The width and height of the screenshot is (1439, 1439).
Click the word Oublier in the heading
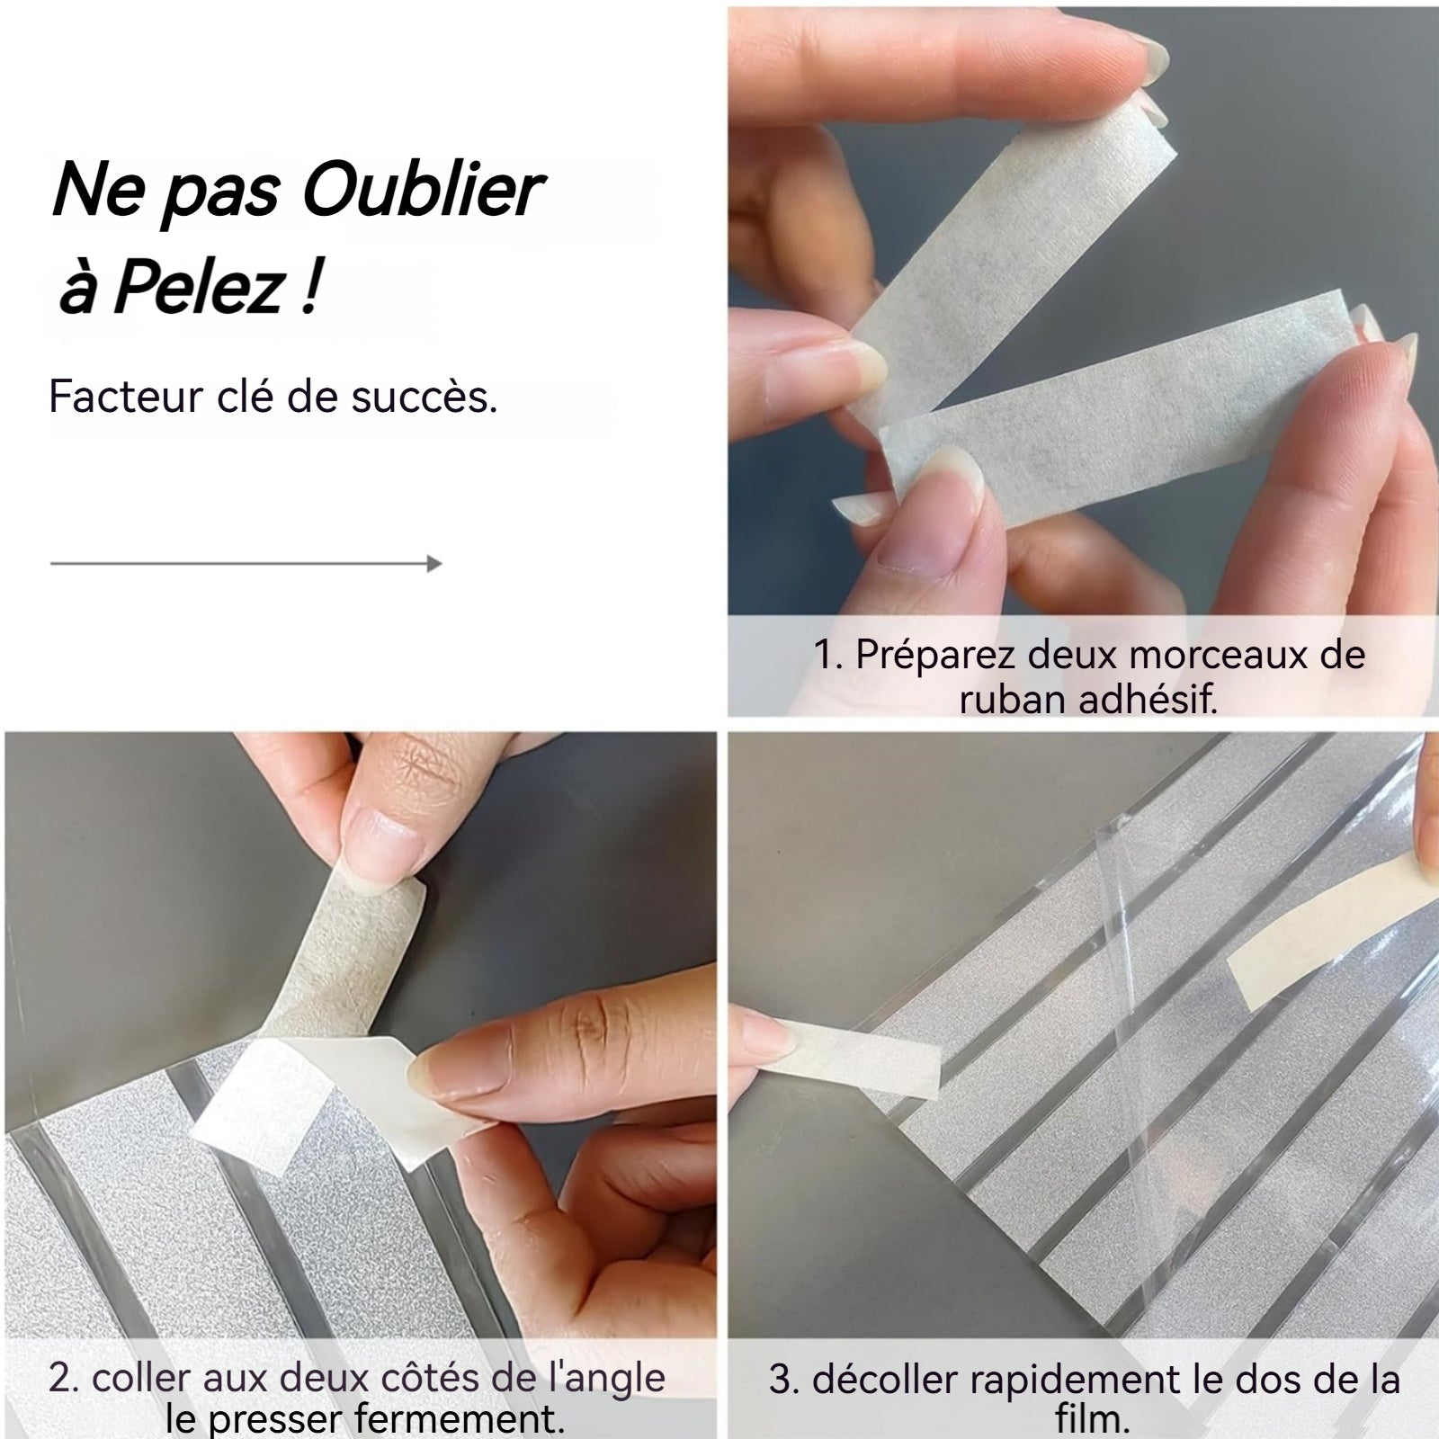coord(423,191)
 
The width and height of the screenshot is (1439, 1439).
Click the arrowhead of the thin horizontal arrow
coord(434,564)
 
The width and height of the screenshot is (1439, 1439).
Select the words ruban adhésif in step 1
coord(1088,700)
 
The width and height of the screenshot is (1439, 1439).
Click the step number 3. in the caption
coord(784,1380)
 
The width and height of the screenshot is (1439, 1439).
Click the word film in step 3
coord(1092,1422)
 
